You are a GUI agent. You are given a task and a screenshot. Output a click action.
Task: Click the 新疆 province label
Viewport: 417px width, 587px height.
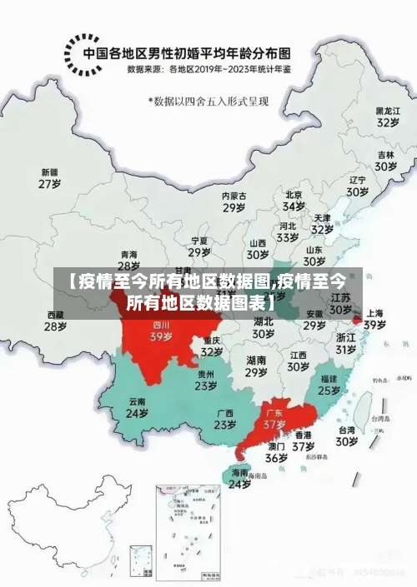(50, 172)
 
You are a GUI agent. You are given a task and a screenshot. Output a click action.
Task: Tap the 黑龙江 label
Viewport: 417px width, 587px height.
(386, 110)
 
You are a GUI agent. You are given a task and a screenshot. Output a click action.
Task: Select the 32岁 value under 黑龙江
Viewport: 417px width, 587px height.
(386, 122)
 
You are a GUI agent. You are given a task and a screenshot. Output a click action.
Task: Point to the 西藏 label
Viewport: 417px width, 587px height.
(56, 315)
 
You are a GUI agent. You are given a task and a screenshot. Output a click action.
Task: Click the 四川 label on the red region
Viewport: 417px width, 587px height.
(160, 325)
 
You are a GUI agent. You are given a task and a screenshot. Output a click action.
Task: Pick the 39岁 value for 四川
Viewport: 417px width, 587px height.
(160, 337)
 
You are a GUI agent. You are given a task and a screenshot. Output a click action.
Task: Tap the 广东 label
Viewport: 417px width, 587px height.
(274, 411)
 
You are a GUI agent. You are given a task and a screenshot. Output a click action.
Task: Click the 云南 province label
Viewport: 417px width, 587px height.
(137, 401)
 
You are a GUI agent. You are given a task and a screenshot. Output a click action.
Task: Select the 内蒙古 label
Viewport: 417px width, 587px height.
(234, 196)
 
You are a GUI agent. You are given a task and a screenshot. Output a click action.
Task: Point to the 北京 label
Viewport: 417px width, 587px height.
(293, 194)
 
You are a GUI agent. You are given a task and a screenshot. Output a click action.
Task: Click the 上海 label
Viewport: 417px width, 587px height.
(374, 313)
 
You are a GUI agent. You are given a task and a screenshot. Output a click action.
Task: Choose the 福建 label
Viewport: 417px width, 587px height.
(329, 378)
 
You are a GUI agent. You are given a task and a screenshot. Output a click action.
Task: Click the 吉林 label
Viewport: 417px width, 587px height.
(385, 155)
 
